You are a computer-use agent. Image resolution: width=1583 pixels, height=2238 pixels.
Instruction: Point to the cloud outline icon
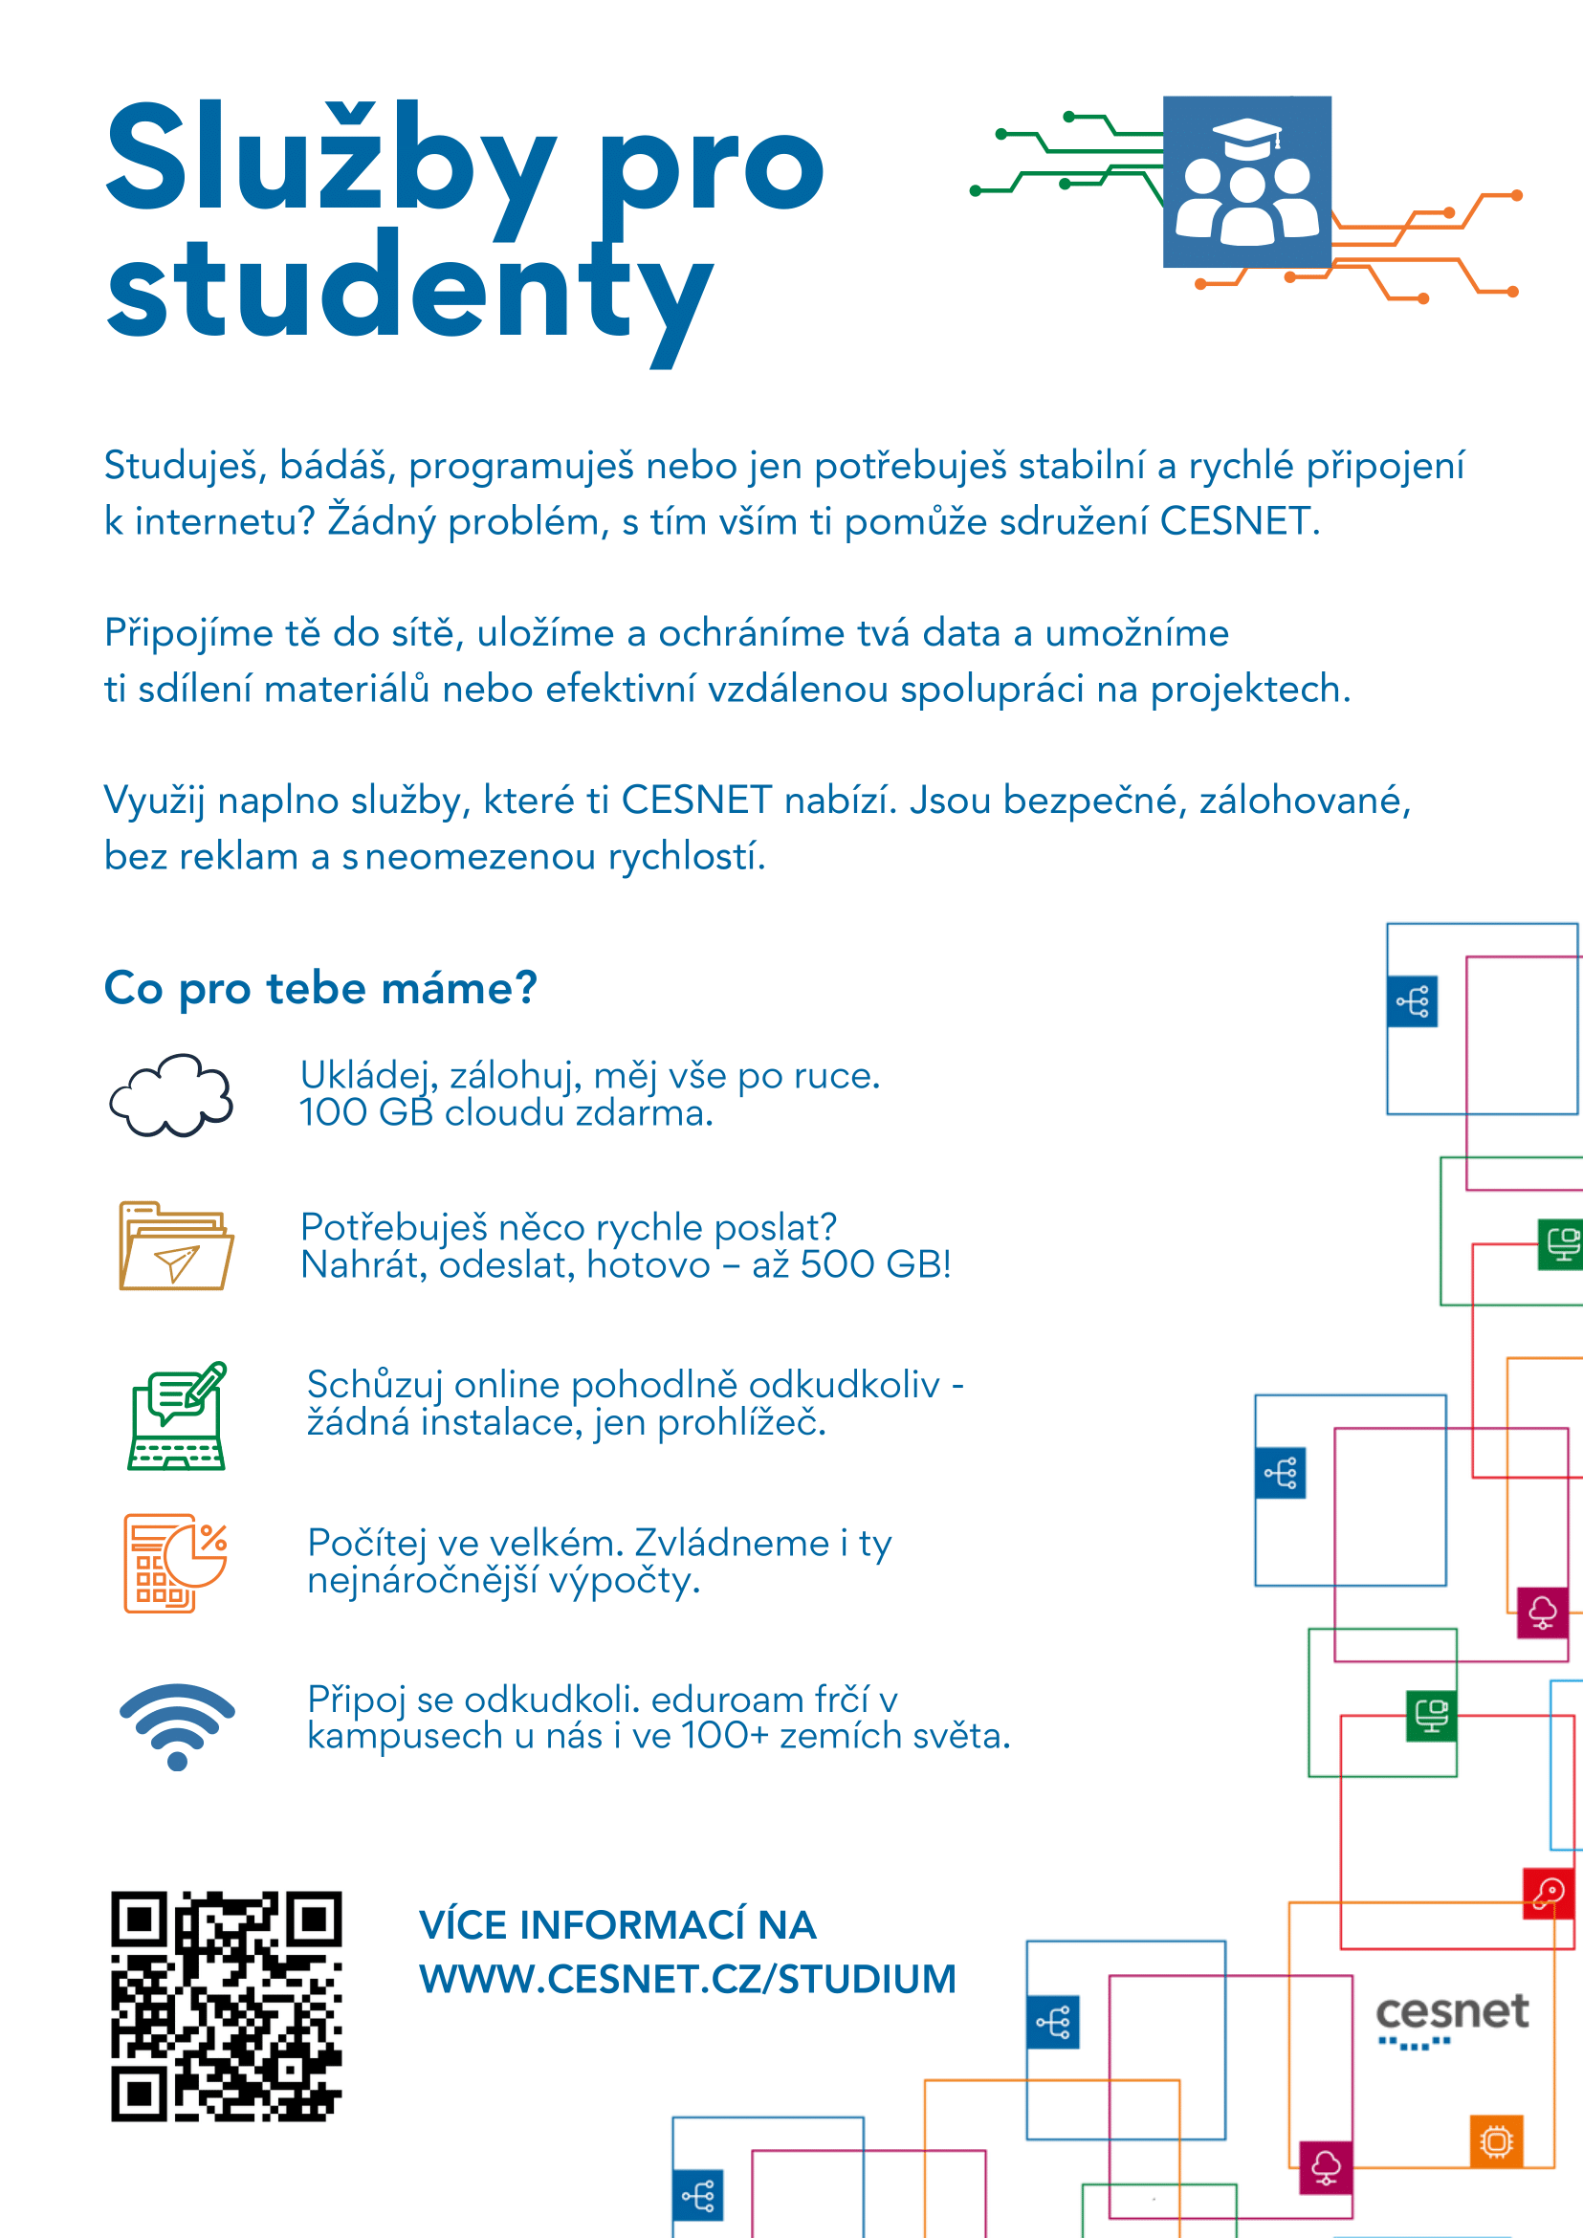click(x=171, y=1096)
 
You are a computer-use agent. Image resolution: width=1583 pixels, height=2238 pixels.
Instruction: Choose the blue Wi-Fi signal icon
click(x=177, y=1724)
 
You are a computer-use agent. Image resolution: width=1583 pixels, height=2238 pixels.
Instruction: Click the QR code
click(x=226, y=2007)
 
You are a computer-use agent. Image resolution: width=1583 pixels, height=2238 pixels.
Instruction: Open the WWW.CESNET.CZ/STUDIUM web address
click(x=687, y=1980)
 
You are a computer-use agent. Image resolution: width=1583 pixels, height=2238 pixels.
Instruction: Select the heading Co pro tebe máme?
click(x=320, y=988)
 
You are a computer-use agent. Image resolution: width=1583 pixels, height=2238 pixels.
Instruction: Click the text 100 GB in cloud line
click(x=366, y=1113)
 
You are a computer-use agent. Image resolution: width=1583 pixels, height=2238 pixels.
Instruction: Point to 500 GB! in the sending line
click(x=874, y=1265)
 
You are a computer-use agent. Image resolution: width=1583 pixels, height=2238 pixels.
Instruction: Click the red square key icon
click(x=1548, y=1893)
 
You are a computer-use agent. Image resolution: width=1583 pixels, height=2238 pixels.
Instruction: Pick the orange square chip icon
click(x=1496, y=2141)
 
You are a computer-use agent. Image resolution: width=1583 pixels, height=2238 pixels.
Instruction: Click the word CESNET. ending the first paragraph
click(x=1239, y=521)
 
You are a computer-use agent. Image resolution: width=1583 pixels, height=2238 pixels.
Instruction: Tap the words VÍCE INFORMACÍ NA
click(x=617, y=1926)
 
